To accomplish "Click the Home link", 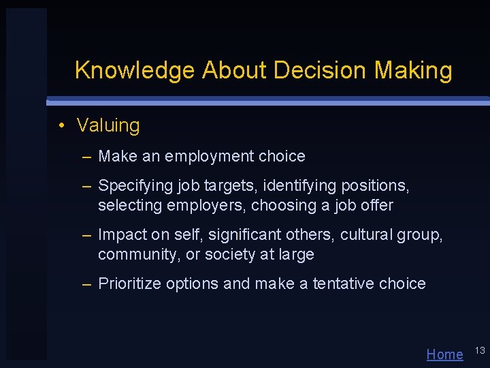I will click(444, 354).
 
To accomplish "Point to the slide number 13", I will click(479, 350).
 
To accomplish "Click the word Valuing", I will click(108, 125).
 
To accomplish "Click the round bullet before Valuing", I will click(61, 125).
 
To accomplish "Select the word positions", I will click(376, 185).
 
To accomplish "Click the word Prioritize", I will click(131, 284).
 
